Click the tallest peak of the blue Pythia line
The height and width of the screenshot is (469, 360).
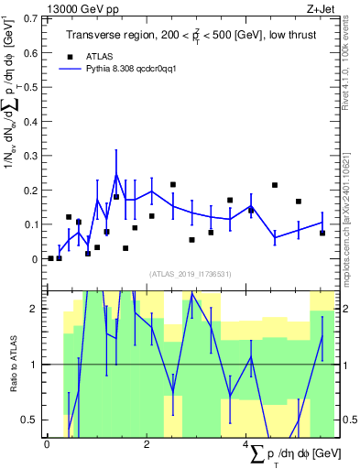[115, 173]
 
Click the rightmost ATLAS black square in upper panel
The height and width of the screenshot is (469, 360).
[322, 234]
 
